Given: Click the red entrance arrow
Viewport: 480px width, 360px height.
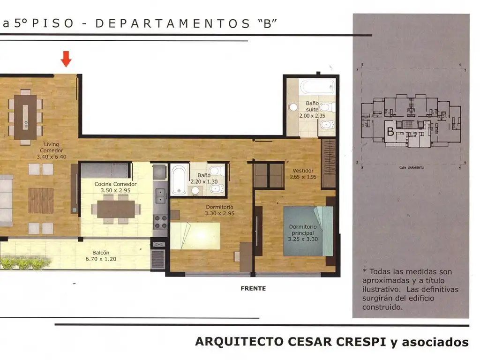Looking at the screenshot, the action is (66, 59).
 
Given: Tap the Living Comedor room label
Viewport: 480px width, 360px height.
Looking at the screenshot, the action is (52, 147).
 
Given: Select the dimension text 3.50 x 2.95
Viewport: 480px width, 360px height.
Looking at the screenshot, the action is (115, 190).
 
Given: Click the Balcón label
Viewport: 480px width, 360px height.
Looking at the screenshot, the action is (101, 253).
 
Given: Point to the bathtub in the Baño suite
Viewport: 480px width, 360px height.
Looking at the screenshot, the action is (317, 87).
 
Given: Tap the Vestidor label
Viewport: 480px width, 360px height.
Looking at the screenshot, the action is (303, 171).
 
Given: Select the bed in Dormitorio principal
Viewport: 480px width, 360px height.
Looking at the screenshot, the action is (308, 231).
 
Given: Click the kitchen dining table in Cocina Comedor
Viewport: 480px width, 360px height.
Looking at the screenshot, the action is (116, 209).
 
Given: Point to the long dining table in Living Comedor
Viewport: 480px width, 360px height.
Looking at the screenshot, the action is (25, 117).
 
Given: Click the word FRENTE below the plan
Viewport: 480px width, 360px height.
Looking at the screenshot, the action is (253, 288).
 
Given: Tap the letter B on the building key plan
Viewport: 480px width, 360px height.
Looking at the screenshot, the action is (390, 132).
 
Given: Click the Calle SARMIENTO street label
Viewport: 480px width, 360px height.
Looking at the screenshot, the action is (412, 168).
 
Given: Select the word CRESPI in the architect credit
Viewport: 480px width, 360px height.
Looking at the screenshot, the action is (353, 342).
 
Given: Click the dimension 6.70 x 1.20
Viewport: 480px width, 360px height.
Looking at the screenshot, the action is (101, 259).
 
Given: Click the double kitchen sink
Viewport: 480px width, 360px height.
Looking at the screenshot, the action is (160, 196).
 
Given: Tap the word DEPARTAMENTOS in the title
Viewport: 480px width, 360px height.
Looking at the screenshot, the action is (172, 23).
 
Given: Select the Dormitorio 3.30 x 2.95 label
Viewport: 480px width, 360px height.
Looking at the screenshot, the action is (219, 210).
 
